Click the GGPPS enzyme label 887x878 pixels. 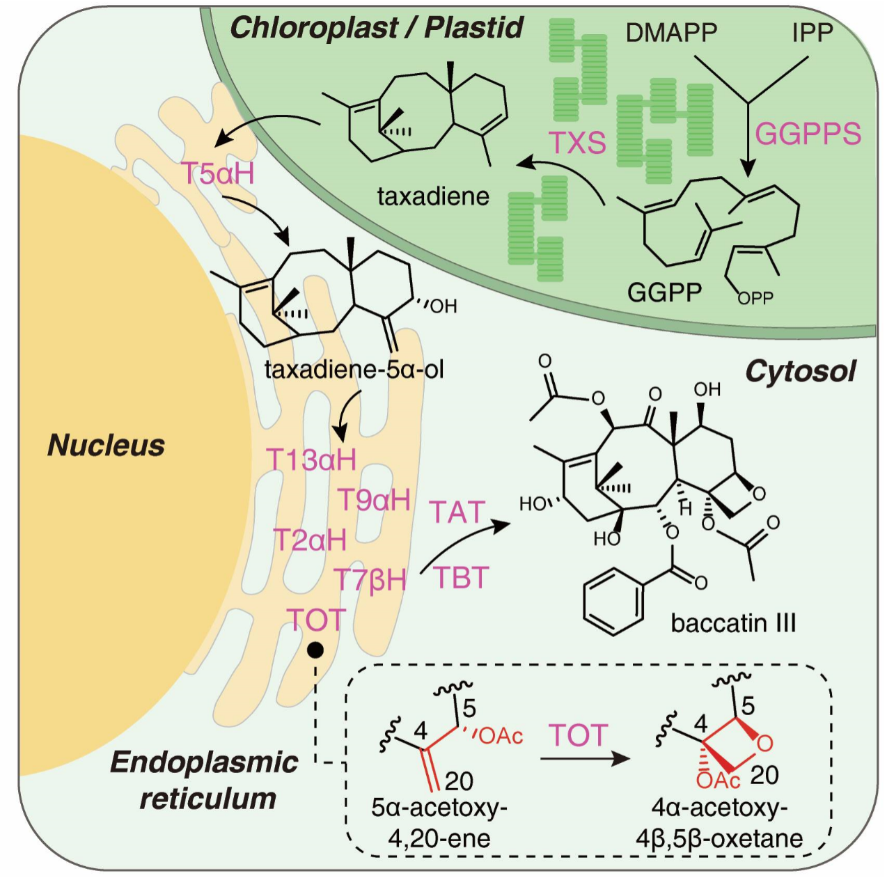[808, 133]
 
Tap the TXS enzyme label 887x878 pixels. [577, 142]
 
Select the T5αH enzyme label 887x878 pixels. [217, 173]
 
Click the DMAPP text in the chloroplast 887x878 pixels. [670, 32]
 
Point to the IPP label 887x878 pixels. [812, 32]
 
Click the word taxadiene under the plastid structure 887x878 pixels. [433, 196]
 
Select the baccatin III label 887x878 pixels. [733, 622]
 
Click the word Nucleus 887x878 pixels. [106, 445]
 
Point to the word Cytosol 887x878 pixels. [800, 371]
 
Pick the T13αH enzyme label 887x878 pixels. [311, 460]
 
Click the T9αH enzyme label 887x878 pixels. [373, 499]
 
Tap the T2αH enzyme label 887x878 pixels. [309, 540]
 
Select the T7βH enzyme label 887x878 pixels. [370, 579]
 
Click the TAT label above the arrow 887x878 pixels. [457, 512]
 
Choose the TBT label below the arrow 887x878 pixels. [461, 578]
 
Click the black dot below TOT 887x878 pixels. [315, 650]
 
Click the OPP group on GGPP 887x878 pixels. [755, 298]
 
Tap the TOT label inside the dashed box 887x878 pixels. [578, 735]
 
